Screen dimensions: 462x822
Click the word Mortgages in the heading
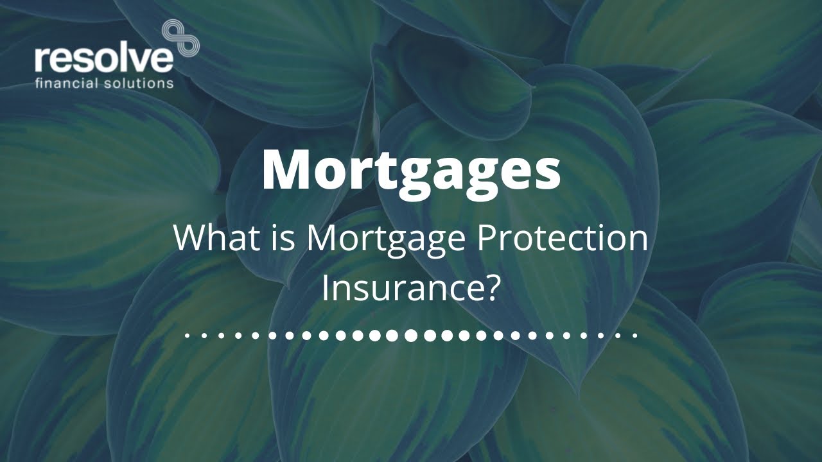coord(411,169)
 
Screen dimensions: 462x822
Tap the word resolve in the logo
coord(104,59)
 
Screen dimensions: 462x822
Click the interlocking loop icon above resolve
coord(180,37)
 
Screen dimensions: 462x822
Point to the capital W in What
coord(189,238)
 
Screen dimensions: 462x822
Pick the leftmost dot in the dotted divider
coord(187,335)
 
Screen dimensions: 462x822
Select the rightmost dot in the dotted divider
coord(634,335)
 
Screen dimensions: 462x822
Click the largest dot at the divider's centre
coord(410,335)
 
